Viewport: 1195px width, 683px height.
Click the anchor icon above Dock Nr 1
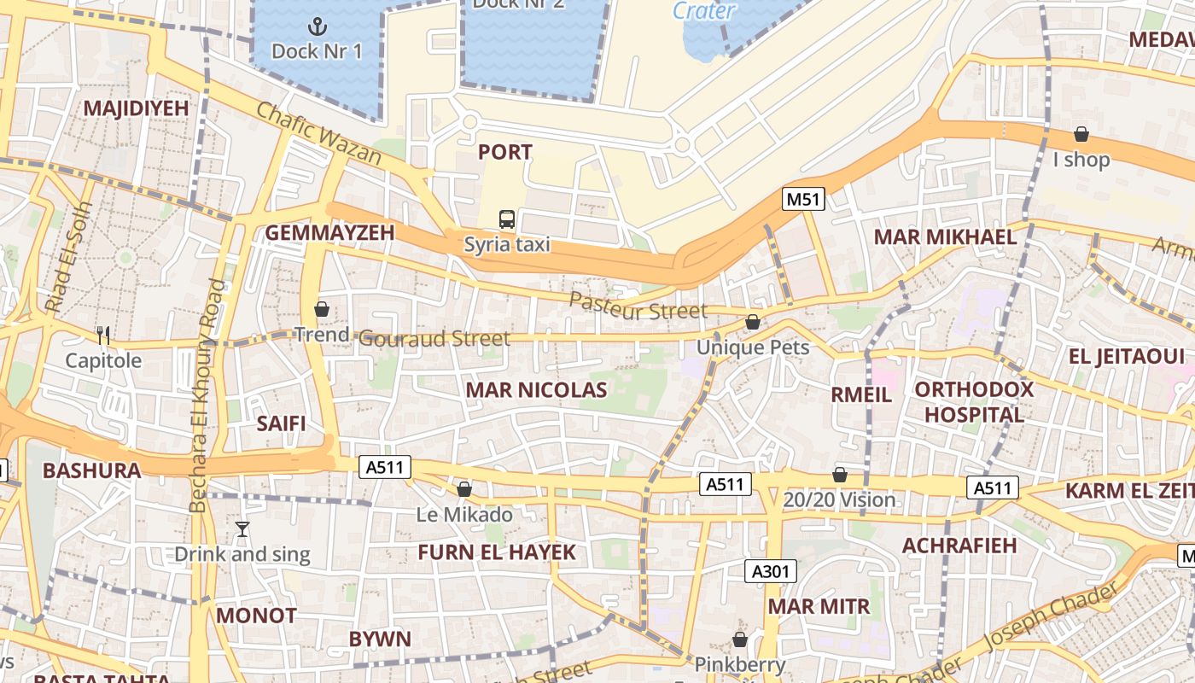click(x=317, y=26)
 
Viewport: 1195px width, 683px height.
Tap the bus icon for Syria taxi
click(x=507, y=219)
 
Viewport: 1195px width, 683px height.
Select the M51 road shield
click(x=803, y=200)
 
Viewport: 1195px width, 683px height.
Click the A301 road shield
click(x=771, y=571)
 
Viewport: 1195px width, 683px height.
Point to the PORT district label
click(x=504, y=153)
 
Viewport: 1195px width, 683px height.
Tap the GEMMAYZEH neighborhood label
click(x=329, y=233)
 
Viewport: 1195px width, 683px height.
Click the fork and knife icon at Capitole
click(x=103, y=335)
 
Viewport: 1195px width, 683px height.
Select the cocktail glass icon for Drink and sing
click(x=242, y=529)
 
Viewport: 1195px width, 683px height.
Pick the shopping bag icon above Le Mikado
click(x=464, y=489)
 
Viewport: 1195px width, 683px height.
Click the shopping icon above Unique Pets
click(x=752, y=322)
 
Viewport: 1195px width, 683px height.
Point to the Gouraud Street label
click(x=434, y=338)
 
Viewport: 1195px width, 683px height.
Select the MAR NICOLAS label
click(x=536, y=390)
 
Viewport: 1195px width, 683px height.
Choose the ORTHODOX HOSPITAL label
click(x=974, y=402)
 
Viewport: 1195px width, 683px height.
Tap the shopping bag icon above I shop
click(x=1081, y=134)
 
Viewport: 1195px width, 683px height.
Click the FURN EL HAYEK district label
click(x=497, y=552)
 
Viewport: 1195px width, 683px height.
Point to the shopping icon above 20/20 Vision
click(x=840, y=475)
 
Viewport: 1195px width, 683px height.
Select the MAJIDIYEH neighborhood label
click(x=135, y=108)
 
